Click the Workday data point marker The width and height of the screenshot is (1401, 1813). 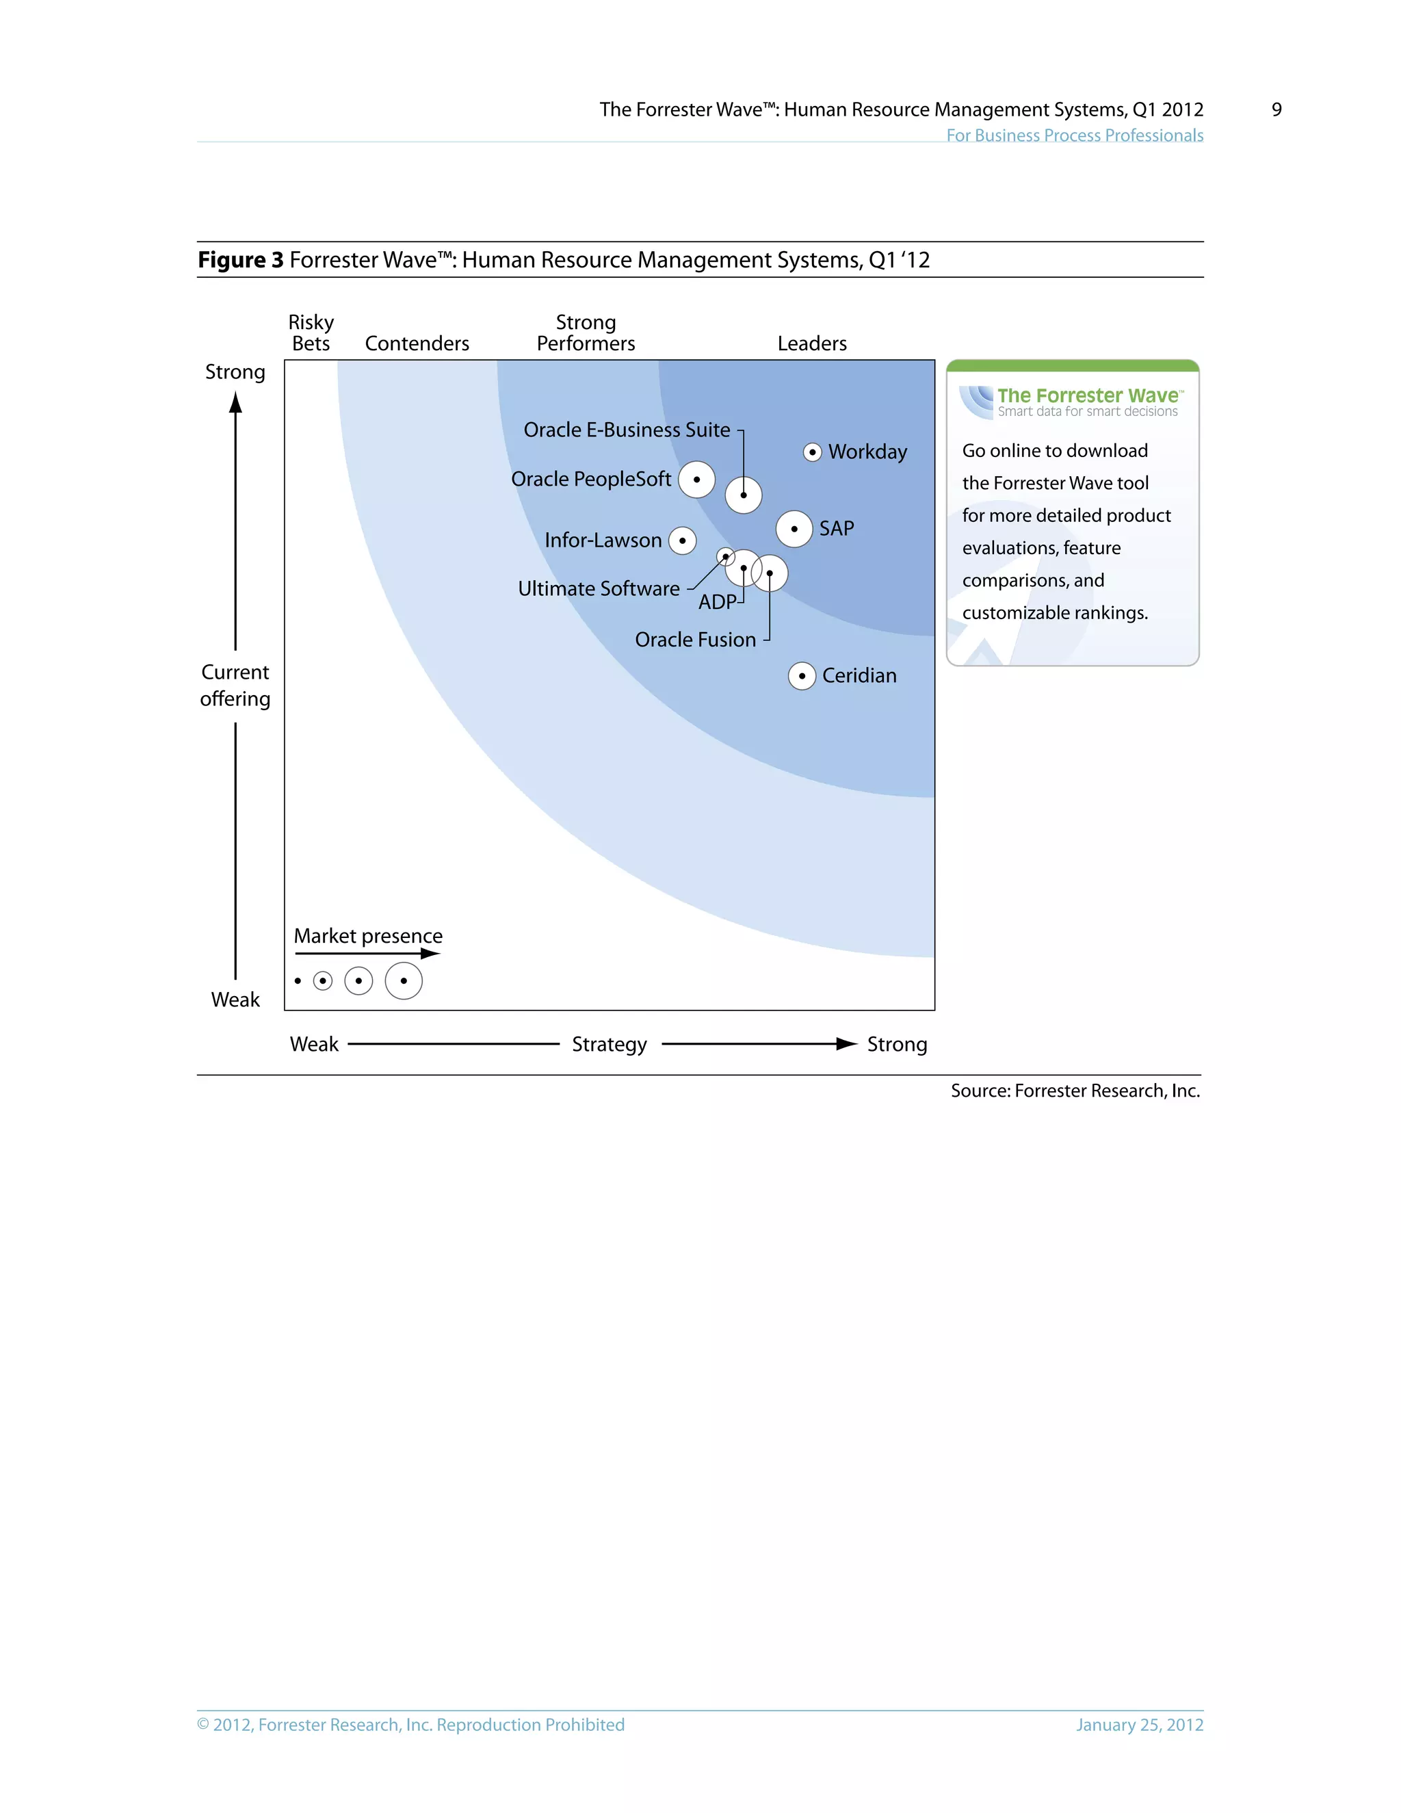(813, 452)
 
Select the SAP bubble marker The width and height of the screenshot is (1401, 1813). (794, 529)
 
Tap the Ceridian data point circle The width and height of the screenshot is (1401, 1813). (802, 676)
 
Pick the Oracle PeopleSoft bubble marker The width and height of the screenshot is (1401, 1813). (696, 480)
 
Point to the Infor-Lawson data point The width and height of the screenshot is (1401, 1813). (682, 540)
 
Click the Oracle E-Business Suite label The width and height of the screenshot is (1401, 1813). (627, 430)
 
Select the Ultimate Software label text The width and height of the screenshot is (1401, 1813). (599, 588)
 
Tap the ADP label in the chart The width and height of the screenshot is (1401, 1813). (717, 602)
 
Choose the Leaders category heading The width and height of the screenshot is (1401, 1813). (812, 343)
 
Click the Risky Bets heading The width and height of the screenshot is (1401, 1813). (311, 333)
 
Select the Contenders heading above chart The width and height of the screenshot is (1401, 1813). (417, 343)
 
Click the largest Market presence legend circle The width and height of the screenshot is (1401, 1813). (404, 981)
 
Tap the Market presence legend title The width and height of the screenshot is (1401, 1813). (367, 937)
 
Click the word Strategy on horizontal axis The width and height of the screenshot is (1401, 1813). (610, 1044)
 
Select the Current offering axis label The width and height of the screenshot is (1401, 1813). (235, 686)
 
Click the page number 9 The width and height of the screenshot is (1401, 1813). (1276, 109)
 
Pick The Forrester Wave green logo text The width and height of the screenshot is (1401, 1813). (1087, 395)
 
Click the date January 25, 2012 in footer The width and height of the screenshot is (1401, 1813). (1139, 1725)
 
